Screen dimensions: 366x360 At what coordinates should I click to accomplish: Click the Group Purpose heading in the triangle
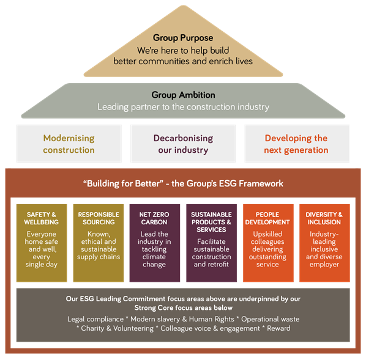(183, 38)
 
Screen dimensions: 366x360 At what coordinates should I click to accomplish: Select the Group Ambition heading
(183, 95)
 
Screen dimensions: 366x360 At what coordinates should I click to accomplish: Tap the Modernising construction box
(69, 144)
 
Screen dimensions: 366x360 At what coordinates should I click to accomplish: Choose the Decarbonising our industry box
(183, 144)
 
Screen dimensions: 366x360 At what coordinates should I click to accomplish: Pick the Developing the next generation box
(297, 144)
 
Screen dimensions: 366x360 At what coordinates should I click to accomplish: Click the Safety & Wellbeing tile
(42, 243)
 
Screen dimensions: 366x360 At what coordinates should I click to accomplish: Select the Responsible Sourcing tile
(99, 243)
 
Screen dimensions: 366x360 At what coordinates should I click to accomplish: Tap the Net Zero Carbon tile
(155, 243)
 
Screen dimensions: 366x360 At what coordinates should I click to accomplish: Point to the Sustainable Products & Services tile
(212, 243)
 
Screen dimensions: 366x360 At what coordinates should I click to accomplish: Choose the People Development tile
(268, 243)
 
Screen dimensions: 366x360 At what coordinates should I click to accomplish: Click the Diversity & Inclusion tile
(324, 243)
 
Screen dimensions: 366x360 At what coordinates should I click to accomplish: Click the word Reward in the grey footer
(278, 328)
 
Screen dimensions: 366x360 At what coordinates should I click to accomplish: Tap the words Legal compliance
(95, 319)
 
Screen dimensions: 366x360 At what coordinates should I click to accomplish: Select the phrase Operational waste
(271, 319)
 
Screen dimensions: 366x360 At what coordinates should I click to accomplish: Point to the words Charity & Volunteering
(117, 329)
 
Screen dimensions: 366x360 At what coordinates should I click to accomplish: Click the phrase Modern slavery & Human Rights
(182, 319)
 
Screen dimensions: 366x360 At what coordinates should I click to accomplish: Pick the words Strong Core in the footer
(148, 308)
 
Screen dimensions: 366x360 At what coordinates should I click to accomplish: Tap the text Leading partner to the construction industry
(183, 107)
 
